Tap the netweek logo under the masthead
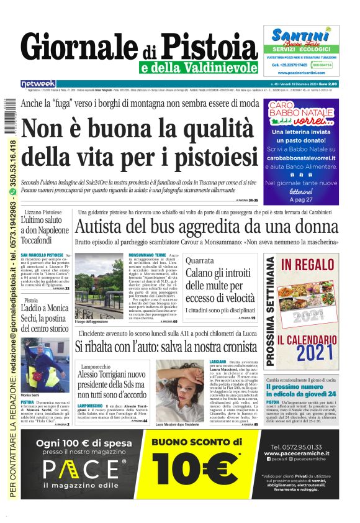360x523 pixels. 38,83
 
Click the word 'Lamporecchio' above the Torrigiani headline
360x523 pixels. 99,367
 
